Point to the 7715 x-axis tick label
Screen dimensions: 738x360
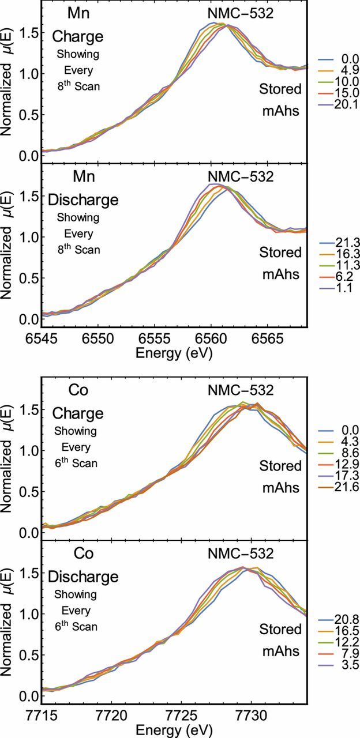42,715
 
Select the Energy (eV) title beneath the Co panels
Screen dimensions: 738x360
174,730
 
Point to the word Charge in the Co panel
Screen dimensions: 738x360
77,413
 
